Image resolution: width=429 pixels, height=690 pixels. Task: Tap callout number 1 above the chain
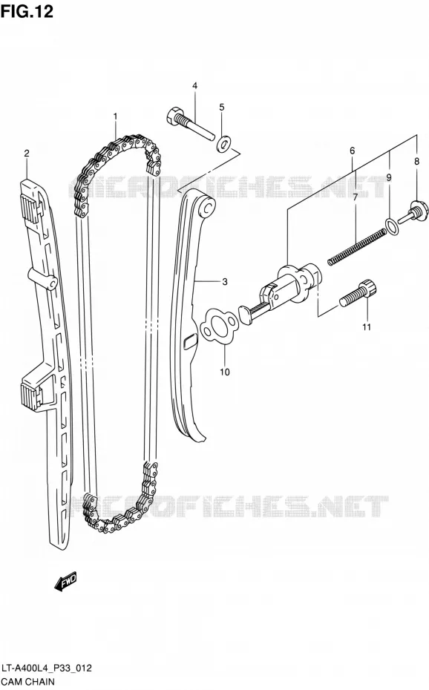(x=115, y=116)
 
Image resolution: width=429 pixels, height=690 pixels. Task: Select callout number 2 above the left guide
(x=27, y=153)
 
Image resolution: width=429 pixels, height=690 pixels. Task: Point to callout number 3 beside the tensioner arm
(x=225, y=282)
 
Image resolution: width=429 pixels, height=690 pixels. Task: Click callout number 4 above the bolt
(x=194, y=86)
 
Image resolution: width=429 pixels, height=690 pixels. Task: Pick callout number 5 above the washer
(x=222, y=107)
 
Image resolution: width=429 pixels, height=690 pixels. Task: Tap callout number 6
(x=352, y=151)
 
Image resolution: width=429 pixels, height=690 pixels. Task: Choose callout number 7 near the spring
(x=355, y=197)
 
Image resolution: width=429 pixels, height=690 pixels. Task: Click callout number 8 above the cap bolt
(x=416, y=162)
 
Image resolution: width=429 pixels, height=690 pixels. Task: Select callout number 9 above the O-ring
(x=389, y=178)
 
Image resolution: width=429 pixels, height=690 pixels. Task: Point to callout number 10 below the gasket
(x=225, y=372)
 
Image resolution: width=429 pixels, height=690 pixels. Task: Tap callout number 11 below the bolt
(x=367, y=327)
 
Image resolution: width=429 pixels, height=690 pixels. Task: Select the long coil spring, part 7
(x=357, y=249)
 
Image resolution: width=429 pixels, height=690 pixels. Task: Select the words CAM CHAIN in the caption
(x=28, y=682)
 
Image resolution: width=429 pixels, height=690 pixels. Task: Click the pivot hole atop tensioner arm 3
(x=208, y=207)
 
